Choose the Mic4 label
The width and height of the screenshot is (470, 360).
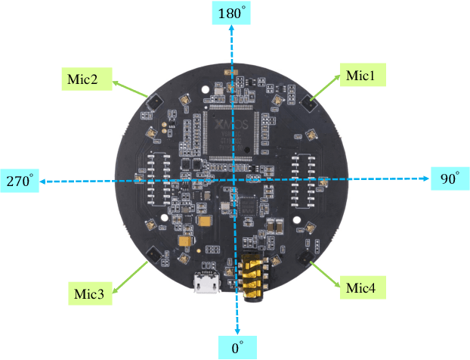pyautogui.click(x=366, y=287)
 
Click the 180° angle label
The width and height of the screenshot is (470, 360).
pyautogui.click(x=231, y=14)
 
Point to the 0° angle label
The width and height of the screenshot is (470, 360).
pyautogui.click(x=238, y=348)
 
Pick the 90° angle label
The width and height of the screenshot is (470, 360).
pyautogui.click(x=450, y=179)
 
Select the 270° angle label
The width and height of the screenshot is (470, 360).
pyautogui.click(x=20, y=182)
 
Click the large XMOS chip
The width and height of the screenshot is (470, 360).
pyautogui.click(x=228, y=133)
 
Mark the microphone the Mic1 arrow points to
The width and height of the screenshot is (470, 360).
pyautogui.click(x=308, y=101)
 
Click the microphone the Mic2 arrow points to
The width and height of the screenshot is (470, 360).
pyautogui.click(x=149, y=101)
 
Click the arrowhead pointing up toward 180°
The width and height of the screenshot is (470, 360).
pyautogui.click(x=232, y=29)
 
